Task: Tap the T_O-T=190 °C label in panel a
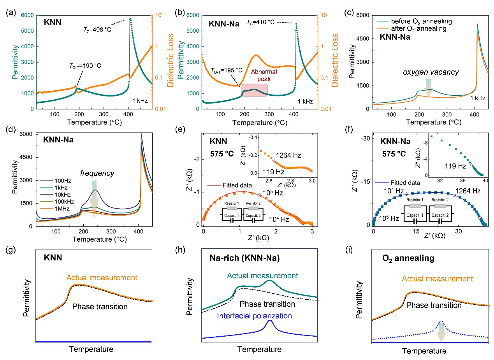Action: (x=83, y=65)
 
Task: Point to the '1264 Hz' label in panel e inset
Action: (x=288, y=155)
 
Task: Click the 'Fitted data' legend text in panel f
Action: (x=408, y=182)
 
